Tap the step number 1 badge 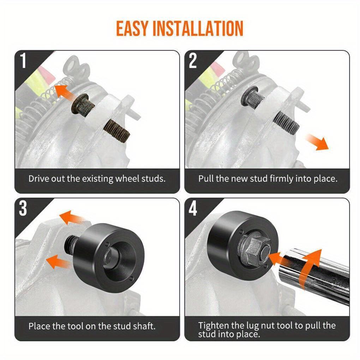pos(23,61)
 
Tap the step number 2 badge pos(193,61)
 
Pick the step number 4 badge pos(193,209)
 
